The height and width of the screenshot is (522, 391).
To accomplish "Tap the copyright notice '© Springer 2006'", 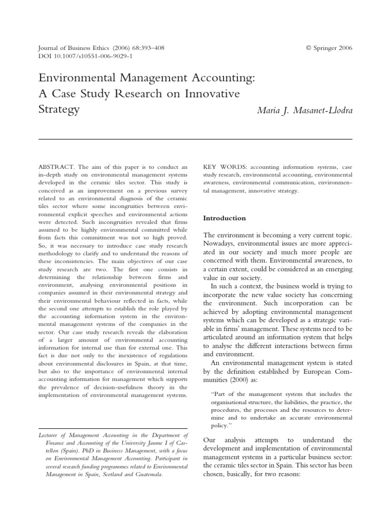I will tap(329, 48).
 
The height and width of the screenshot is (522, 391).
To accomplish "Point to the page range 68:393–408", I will tap(147, 48).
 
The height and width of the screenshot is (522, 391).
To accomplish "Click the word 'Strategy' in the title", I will tap(60, 110).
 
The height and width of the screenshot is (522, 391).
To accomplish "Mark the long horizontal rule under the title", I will tap(195, 139).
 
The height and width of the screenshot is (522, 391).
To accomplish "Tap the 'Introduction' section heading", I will tap(225, 218).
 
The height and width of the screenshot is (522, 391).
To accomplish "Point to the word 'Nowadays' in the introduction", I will tap(220, 244).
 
